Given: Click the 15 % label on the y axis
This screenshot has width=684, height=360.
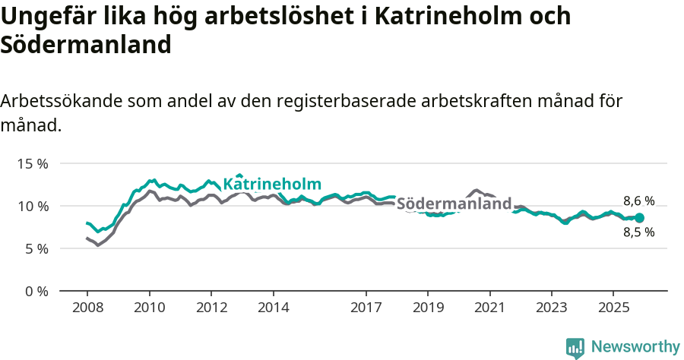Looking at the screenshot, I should pyautogui.click(x=32, y=163).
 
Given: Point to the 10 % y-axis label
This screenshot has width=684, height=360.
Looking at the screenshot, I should pyautogui.click(x=32, y=206).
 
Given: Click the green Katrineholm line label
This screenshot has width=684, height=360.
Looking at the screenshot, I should pyautogui.click(x=272, y=185).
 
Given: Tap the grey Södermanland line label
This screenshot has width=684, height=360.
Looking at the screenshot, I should pyautogui.click(x=454, y=204).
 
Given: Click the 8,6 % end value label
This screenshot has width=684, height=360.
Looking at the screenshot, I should pyautogui.click(x=638, y=201).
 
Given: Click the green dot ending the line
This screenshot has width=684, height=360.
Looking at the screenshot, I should pyautogui.click(x=639, y=218).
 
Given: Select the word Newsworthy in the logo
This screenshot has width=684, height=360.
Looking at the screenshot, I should pyautogui.click(x=635, y=347).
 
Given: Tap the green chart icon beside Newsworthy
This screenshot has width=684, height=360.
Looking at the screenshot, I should pyautogui.click(x=575, y=348).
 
